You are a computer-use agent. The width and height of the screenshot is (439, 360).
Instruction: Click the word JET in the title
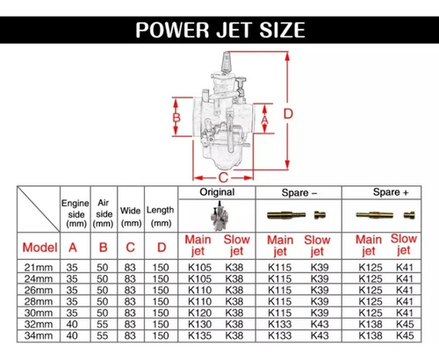click(234, 30)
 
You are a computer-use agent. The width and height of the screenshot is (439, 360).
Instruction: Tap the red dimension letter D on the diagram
click(288, 113)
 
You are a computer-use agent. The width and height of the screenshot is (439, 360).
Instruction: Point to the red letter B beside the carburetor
click(176, 118)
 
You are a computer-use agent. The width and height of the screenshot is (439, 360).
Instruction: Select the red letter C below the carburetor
click(223, 177)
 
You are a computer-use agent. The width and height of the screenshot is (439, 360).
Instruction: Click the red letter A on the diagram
click(264, 119)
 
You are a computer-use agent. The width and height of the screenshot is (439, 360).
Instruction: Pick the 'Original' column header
click(217, 192)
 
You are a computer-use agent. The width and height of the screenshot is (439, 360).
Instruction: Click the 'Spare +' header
click(391, 192)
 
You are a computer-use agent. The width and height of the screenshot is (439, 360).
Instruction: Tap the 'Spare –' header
click(299, 193)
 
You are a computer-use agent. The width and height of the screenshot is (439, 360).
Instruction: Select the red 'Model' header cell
click(40, 248)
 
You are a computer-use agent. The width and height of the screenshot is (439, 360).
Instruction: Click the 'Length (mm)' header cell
click(161, 217)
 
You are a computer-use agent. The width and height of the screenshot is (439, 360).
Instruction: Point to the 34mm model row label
click(39, 335)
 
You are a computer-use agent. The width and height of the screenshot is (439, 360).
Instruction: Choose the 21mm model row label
click(39, 267)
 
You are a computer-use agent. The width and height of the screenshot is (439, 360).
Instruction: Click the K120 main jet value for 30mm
click(199, 313)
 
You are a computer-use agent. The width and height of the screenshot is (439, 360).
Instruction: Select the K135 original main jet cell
click(199, 335)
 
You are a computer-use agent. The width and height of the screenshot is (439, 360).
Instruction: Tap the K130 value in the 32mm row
click(199, 324)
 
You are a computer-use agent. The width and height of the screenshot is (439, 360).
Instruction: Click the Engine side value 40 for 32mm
click(72, 324)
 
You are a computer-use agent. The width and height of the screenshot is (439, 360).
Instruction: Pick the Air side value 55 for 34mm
click(103, 335)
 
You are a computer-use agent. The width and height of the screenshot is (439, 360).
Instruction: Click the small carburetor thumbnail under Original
click(219, 216)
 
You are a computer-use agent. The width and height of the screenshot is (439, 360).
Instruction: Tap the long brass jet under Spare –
click(286, 215)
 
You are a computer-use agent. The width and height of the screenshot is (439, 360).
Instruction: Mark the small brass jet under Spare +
click(409, 215)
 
